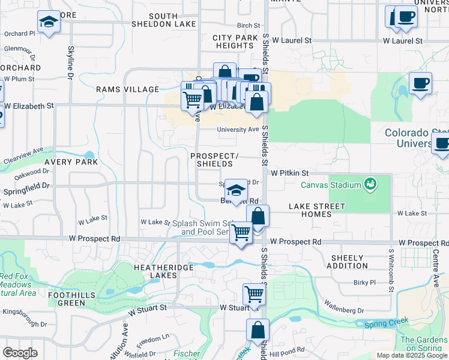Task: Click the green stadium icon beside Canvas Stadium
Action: tap(370, 183)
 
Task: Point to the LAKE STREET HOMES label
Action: tap(317, 210)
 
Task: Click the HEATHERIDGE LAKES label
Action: tap(155, 271)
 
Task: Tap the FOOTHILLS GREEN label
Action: tap(76, 299)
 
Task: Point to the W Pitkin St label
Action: tap(289, 172)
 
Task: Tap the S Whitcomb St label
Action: tap(391, 272)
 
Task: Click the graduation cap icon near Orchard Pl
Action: tap(47, 22)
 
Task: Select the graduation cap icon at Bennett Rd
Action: tap(237, 190)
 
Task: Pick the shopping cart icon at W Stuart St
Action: tap(254, 294)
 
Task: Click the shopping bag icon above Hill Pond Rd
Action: tap(258, 329)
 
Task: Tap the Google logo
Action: tap(20, 353)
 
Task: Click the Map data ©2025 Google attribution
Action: tap(412, 355)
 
